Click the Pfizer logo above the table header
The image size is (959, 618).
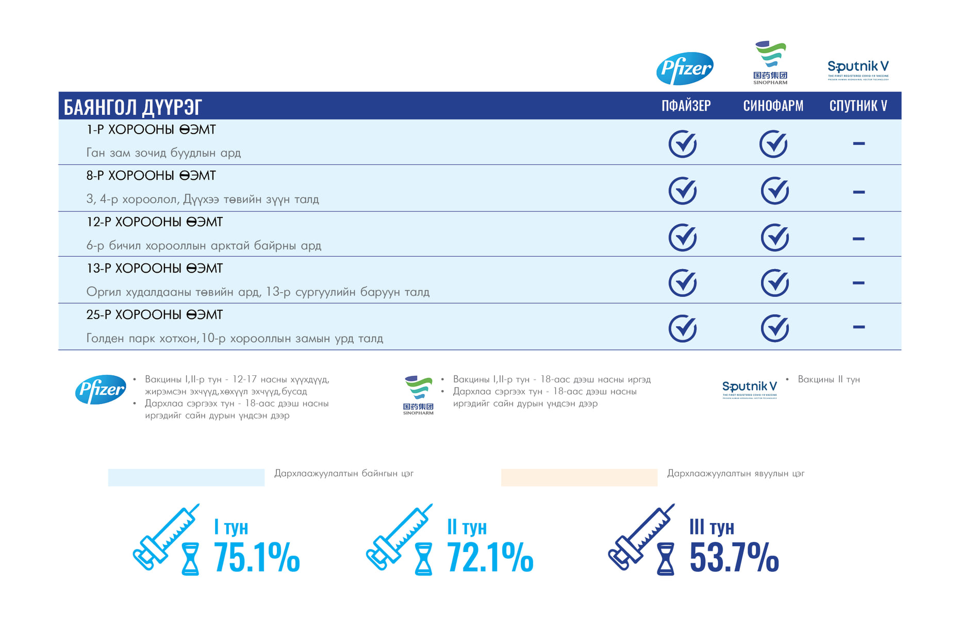click(685, 68)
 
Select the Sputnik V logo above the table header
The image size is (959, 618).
click(858, 70)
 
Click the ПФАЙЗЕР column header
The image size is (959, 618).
click(686, 106)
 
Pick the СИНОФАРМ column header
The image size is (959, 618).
click(773, 106)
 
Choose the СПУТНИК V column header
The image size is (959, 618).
click(858, 106)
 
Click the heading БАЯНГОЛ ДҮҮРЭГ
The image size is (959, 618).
click(133, 107)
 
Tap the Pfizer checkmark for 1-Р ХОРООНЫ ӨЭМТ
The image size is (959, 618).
click(683, 144)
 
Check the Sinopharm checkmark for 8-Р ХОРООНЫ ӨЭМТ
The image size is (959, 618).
click(774, 191)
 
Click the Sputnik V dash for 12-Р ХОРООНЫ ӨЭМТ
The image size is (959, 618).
click(858, 239)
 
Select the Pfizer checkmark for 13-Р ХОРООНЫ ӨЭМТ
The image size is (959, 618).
click(683, 282)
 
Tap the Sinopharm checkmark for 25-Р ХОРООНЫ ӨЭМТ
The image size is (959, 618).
click(774, 328)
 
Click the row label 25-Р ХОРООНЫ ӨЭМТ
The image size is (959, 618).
click(154, 314)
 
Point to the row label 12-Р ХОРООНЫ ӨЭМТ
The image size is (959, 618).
click(154, 222)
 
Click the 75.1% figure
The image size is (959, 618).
click(256, 558)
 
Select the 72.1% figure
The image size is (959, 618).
click(490, 558)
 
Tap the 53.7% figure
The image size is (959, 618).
click(734, 558)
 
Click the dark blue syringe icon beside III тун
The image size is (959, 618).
click(641, 537)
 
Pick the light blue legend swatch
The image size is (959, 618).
click(186, 477)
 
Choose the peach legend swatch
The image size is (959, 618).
click(579, 477)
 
